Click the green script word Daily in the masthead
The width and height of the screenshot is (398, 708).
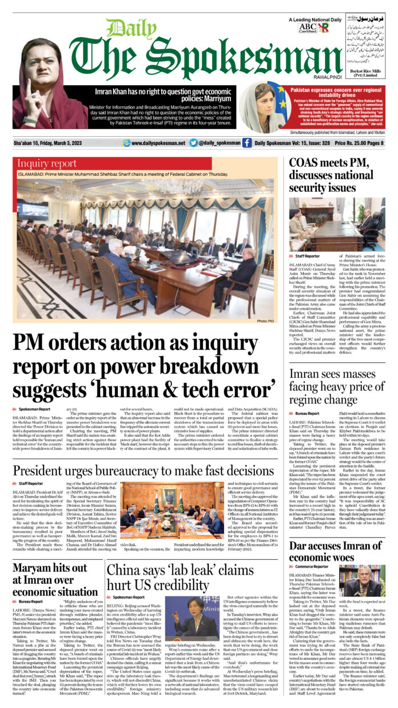(124, 28)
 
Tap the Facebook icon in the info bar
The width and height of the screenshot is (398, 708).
(246, 143)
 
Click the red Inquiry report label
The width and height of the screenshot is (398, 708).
(47, 164)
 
